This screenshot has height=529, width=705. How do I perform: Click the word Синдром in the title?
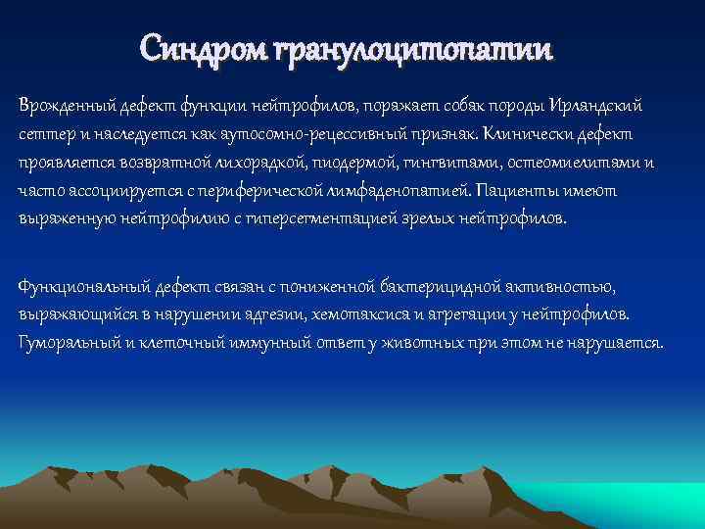[202, 47]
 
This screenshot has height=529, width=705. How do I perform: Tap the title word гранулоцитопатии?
[411, 47]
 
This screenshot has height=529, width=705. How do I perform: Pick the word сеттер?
[42, 132]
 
